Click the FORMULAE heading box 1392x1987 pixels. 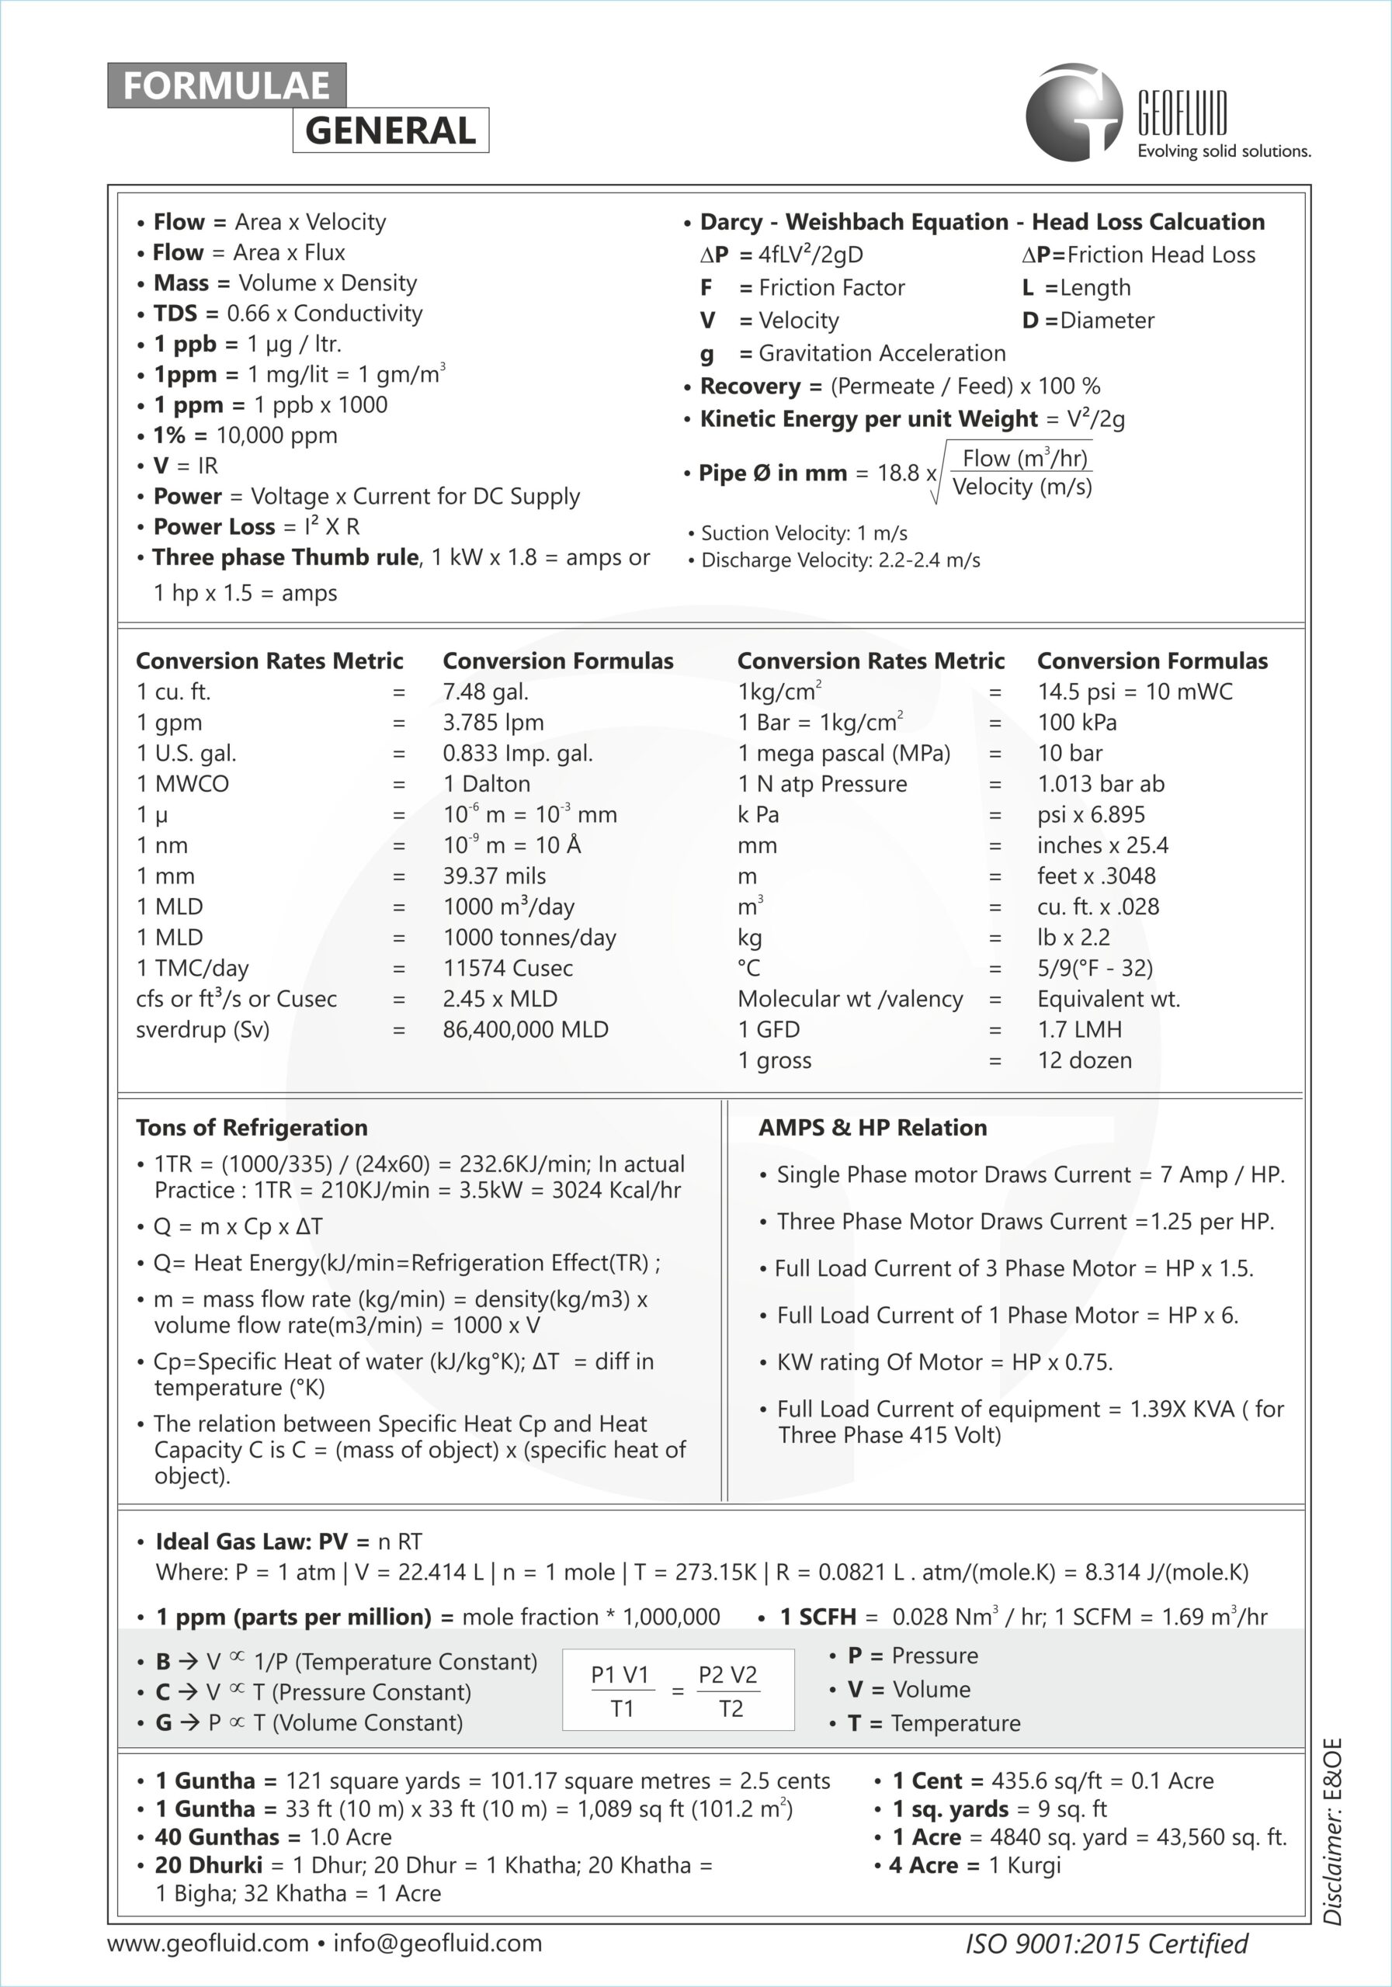(x=227, y=85)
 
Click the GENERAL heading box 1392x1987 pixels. (x=391, y=130)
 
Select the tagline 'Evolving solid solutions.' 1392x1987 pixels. (x=1224, y=151)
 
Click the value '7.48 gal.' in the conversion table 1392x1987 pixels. (x=486, y=692)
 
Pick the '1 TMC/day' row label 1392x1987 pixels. (x=193, y=968)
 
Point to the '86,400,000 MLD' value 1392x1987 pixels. (x=526, y=1029)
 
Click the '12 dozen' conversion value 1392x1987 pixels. (x=1085, y=1060)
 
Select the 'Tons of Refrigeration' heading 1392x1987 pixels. (x=252, y=1127)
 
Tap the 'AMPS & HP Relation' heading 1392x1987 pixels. (x=873, y=1127)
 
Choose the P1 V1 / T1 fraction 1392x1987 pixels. (x=620, y=1691)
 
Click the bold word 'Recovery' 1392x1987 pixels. (x=751, y=386)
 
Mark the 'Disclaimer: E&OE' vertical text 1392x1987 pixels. (x=1333, y=1830)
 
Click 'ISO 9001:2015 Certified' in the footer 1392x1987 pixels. (x=1106, y=1944)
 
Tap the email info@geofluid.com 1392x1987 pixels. (x=438, y=1943)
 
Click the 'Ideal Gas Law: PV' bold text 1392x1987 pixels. (x=251, y=1541)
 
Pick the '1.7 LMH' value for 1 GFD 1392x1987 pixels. (x=1079, y=1029)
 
